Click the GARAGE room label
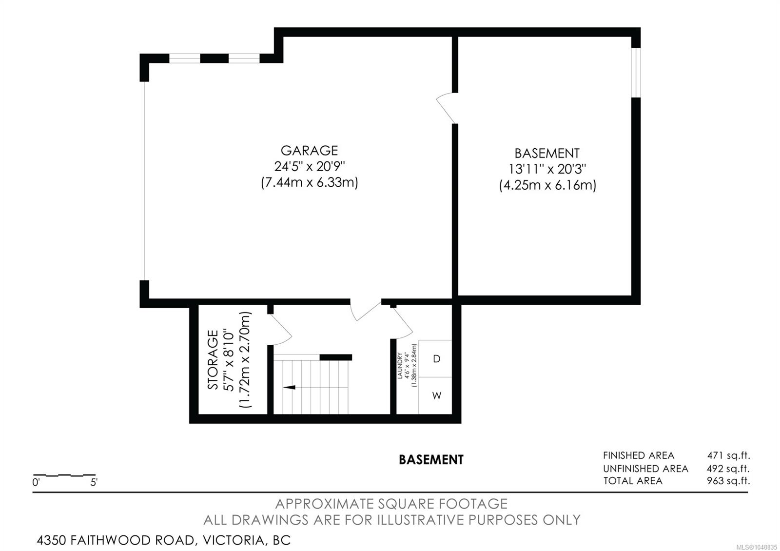coord(309,151)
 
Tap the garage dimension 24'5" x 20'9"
coord(309,166)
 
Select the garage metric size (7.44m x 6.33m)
coord(309,182)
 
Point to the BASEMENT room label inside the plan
coord(547,153)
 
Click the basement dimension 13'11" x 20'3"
coord(547,169)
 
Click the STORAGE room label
coord(213,360)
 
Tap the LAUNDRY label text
coord(399,365)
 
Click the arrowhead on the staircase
coord(290,387)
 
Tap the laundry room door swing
coord(402,323)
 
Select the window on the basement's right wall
coord(636,73)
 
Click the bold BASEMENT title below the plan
coord(431,460)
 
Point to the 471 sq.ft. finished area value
coord(728,455)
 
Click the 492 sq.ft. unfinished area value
coord(728,469)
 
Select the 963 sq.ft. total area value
coord(728,481)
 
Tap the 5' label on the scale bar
coord(94,483)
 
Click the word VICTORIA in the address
coord(234,540)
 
